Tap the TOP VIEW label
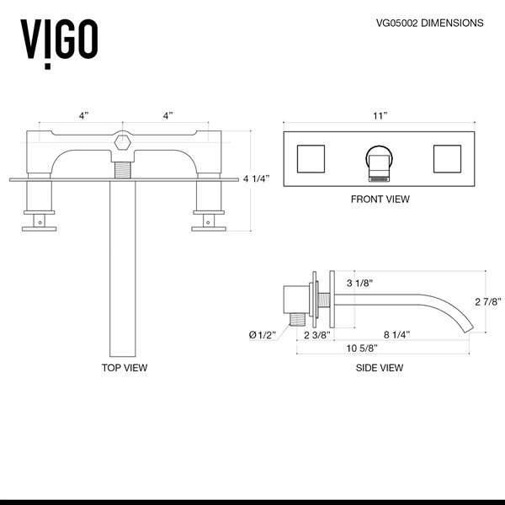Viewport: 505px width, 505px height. pyautogui.click(x=124, y=368)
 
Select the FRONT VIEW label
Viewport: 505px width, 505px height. pyautogui.click(x=380, y=199)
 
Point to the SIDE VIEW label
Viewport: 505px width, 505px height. pyautogui.click(x=380, y=368)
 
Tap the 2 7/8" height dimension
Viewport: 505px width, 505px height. pyautogui.click(x=487, y=300)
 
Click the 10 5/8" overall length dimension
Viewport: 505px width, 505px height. pyautogui.click(x=364, y=349)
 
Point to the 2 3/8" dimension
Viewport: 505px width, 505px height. pyautogui.click(x=316, y=334)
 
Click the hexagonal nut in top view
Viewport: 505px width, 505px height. pyautogui.click(x=123, y=143)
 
